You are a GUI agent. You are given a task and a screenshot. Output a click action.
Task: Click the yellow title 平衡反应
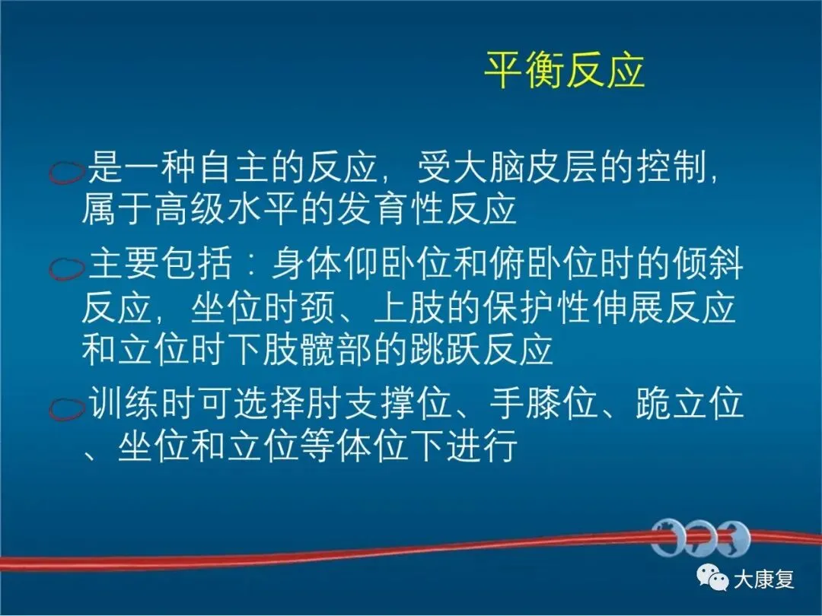(564, 70)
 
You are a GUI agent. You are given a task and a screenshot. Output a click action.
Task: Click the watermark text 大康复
(764, 579)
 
